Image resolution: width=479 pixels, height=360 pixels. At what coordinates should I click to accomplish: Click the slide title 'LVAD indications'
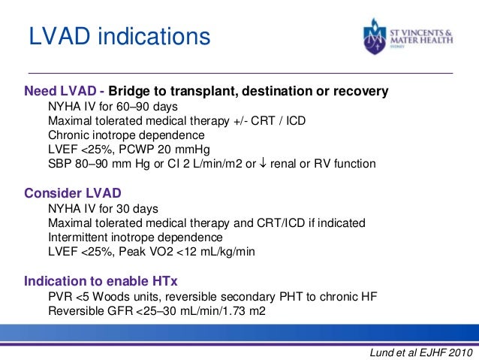click(x=119, y=36)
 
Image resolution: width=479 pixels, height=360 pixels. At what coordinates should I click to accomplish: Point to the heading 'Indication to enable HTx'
click(x=101, y=282)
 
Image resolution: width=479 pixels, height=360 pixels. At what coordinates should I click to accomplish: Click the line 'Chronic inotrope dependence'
click(x=126, y=135)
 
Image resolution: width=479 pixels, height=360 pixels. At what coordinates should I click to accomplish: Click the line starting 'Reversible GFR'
click(x=158, y=311)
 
